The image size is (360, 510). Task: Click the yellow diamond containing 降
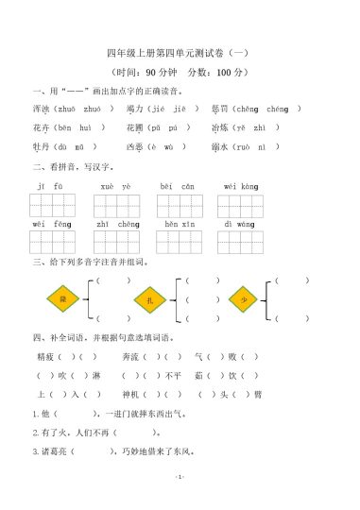click(61, 298)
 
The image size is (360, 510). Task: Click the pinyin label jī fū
click(50, 186)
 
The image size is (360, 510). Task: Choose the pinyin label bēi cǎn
click(177, 186)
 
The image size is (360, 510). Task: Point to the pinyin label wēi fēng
click(50, 224)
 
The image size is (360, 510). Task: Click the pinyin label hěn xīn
click(178, 224)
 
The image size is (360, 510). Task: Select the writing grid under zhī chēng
click(116, 242)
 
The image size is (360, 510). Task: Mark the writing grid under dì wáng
click(241, 242)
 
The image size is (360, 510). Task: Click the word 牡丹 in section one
click(43, 147)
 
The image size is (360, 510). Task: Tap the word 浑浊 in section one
click(43, 109)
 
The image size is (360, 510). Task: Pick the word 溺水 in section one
click(220, 147)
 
